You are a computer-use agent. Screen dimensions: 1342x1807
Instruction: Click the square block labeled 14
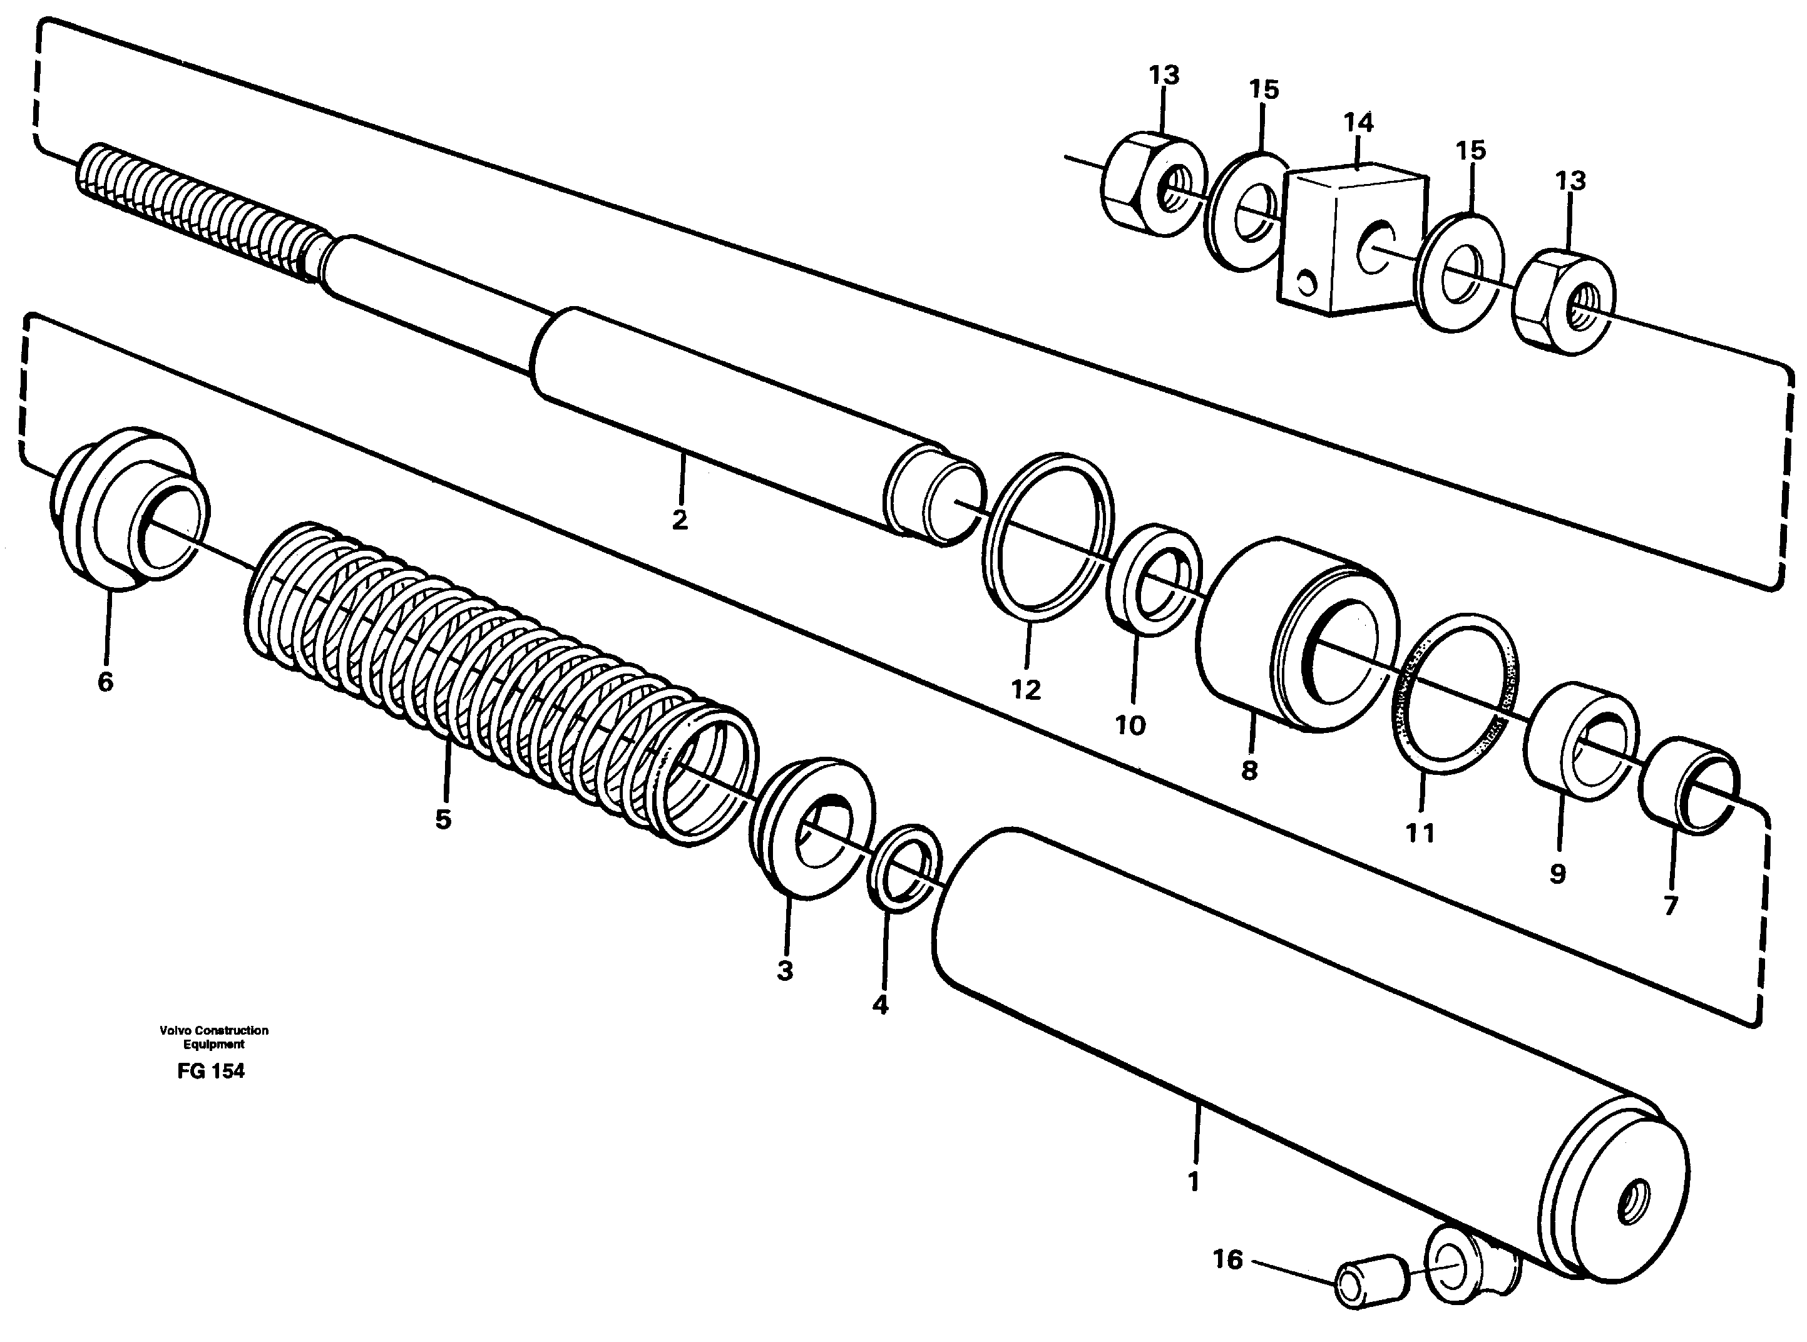click(1352, 240)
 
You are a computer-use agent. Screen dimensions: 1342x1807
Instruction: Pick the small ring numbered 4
click(904, 871)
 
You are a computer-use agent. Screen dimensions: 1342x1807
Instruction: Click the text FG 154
click(210, 1071)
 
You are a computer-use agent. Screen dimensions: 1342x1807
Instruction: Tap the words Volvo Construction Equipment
click(213, 1037)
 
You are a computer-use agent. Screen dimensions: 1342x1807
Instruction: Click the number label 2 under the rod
click(680, 519)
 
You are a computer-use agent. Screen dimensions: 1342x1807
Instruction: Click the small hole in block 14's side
click(1306, 282)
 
